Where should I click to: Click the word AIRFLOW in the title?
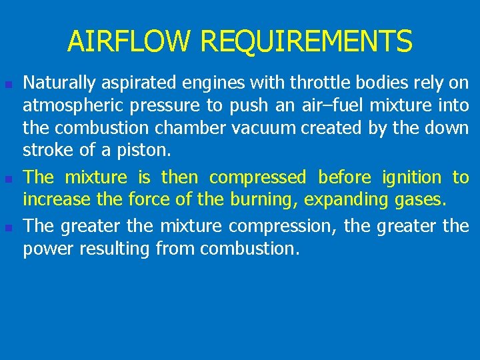(129, 41)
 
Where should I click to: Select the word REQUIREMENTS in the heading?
(306, 41)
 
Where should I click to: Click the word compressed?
(257, 178)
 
